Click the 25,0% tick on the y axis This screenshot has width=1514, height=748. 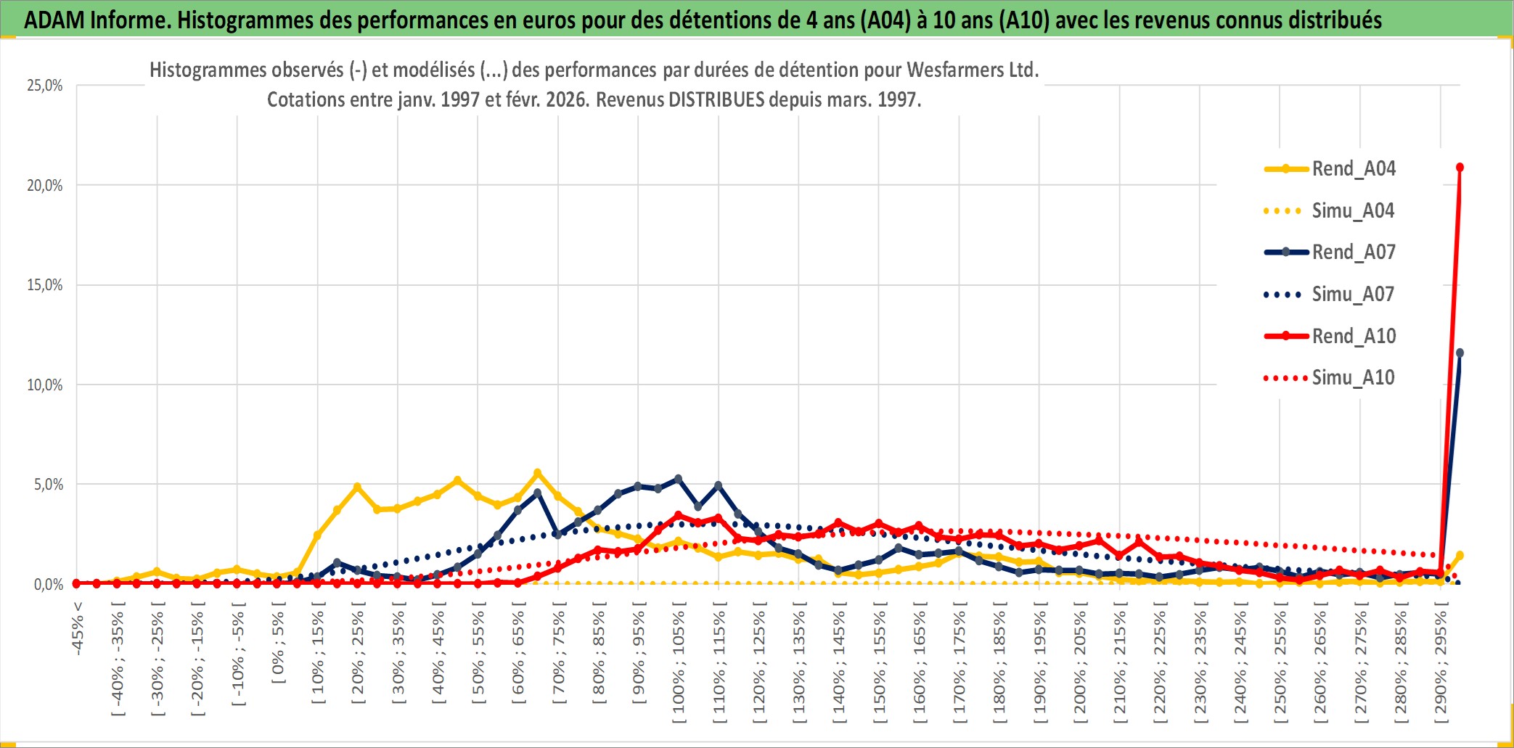coord(45,86)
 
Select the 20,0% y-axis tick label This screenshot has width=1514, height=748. coord(45,186)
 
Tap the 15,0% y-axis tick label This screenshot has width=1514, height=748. coord(45,285)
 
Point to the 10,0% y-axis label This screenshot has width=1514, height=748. coord(45,385)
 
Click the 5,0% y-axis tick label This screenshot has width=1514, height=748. coord(48,485)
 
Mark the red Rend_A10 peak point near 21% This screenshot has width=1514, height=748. coord(1460,168)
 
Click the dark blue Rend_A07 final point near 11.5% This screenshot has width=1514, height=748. coord(1460,353)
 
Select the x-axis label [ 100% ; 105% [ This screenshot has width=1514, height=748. coord(679,666)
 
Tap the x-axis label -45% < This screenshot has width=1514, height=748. coord(78,628)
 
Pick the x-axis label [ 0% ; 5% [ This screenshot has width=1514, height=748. coord(278,647)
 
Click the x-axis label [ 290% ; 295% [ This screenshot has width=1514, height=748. coord(1441,666)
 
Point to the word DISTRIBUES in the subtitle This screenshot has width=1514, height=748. coord(716,100)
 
